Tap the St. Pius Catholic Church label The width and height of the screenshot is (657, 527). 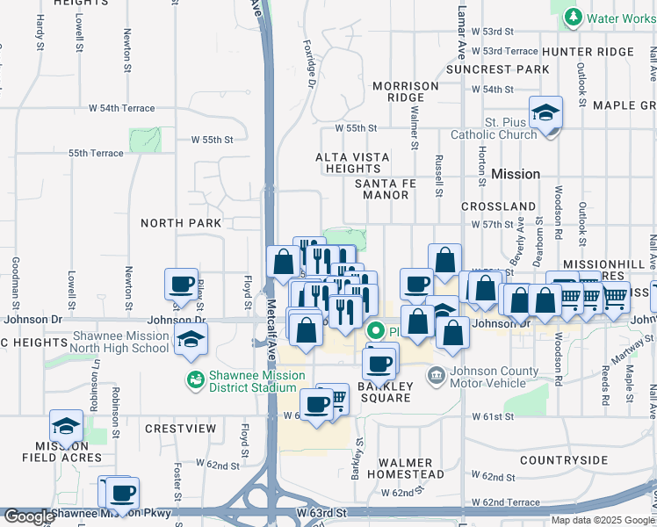493,128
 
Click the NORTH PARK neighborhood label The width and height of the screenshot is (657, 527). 181,223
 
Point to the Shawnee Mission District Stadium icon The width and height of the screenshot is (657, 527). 194,379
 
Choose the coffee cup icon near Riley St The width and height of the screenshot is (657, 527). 182,285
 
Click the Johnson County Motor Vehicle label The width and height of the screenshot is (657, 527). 494,376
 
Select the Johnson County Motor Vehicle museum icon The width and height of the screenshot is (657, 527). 436,376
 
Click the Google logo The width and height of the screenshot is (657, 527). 28,516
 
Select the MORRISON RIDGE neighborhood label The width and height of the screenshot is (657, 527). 405,91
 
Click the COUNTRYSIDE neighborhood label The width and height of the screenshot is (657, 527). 564,460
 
